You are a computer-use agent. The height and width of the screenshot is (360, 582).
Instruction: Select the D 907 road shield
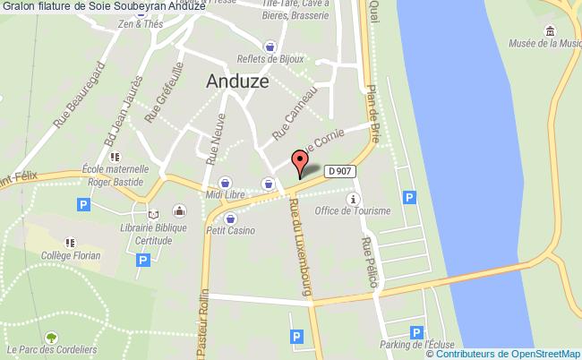[x=338, y=170]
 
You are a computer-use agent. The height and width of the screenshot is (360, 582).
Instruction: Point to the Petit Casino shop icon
[x=230, y=218]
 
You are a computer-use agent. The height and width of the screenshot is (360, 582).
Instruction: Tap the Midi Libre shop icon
[x=225, y=182]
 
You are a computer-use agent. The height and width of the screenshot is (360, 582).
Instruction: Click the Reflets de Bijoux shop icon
[x=270, y=46]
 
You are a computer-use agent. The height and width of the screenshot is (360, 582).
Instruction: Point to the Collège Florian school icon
[x=69, y=242]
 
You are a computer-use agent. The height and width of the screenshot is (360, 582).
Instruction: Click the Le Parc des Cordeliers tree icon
[x=51, y=338]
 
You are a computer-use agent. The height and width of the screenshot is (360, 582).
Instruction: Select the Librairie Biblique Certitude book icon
[x=152, y=215]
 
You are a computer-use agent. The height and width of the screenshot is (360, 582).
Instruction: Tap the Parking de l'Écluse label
[x=417, y=345]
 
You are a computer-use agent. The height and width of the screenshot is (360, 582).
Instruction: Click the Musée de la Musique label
[x=544, y=41]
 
